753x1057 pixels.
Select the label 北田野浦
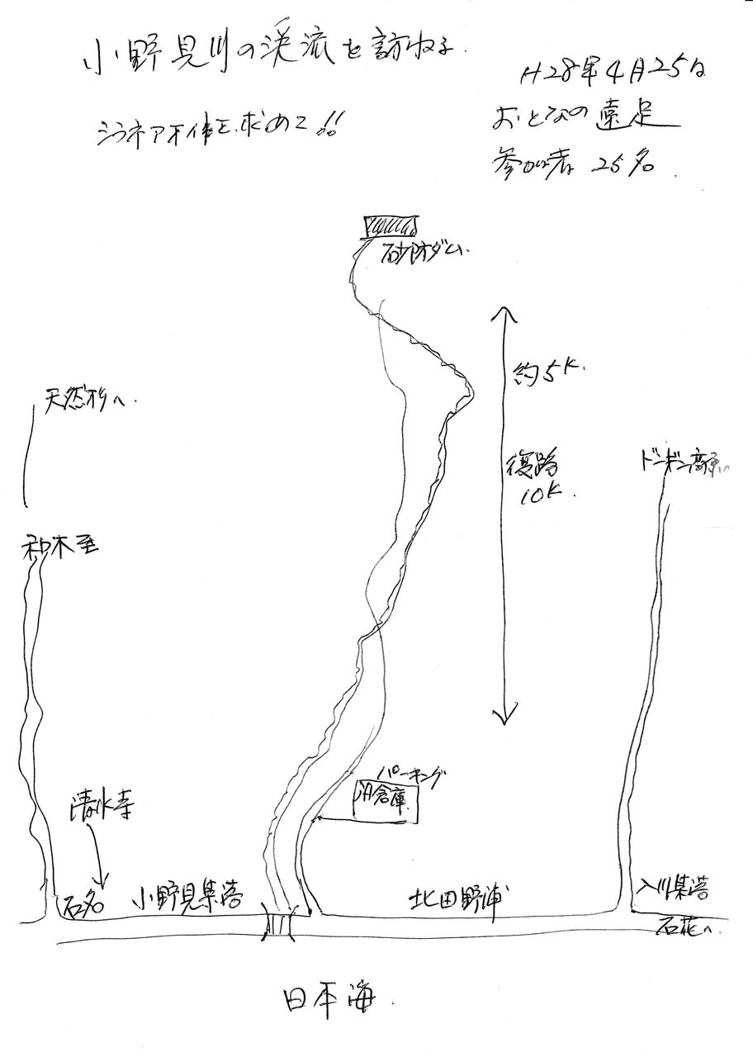coord(461,898)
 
